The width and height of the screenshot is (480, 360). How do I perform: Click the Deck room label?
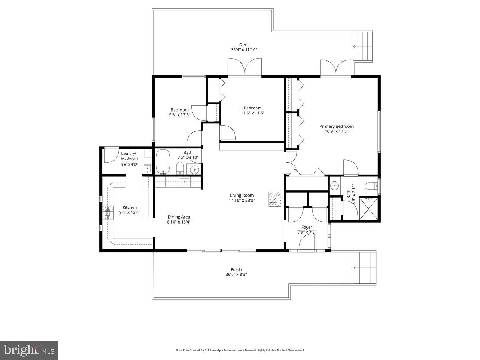tap(244, 45)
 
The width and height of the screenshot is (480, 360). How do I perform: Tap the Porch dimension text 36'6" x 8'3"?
tap(236, 274)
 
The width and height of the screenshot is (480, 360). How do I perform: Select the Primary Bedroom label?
tap(336, 126)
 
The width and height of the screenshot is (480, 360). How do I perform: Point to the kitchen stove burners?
tap(108, 213)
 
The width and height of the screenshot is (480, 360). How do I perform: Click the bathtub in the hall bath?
tap(163, 162)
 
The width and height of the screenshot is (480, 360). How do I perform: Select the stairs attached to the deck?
tap(362, 46)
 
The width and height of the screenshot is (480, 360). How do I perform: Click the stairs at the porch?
tap(364, 268)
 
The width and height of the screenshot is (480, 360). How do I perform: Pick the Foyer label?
tap(307, 227)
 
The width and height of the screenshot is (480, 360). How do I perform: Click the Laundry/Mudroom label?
tap(129, 156)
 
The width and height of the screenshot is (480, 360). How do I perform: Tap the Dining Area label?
tap(179, 217)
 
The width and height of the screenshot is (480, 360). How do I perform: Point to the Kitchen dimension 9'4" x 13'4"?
tap(130, 212)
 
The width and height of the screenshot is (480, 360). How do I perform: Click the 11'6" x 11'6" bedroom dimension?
tap(252, 113)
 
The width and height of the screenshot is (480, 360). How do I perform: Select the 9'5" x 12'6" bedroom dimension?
tap(179, 115)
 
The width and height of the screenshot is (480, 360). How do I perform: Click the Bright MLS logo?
tap(29, 350)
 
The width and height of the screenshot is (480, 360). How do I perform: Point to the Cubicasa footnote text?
tap(240, 350)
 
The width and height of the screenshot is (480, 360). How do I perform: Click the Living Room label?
tap(242, 195)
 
